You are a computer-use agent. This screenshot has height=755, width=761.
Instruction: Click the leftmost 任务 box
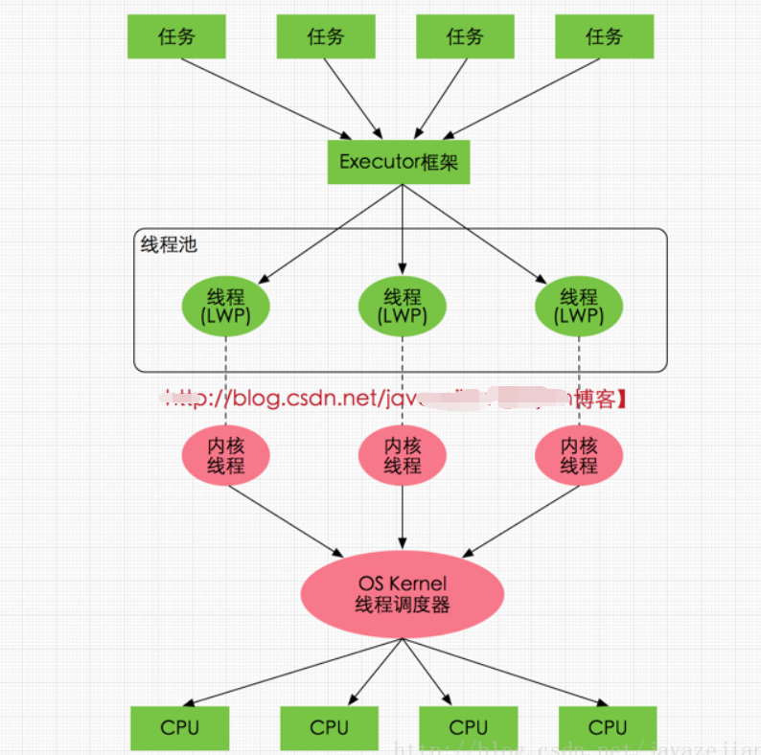pyautogui.click(x=176, y=37)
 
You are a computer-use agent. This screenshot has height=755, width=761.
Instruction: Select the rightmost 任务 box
pyautogui.click(x=604, y=37)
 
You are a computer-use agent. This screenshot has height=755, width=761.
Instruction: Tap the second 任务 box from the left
pyautogui.click(x=325, y=37)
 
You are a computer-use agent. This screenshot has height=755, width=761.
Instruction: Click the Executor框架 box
pyautogui.click(x=399, y=161)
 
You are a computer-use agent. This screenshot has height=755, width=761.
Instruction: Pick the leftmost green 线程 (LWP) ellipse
pyautogui.click(x=226, y=307)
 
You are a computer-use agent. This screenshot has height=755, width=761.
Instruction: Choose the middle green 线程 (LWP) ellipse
pyautogui.click(x=403, y=307)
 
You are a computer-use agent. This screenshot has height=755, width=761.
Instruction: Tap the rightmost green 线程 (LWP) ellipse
pyautogui.click(x=579, y=307)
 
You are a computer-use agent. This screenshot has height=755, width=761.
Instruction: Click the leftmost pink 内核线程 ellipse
pyautogui.click(x=226, y=456)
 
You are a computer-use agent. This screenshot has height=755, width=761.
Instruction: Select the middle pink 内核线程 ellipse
pyautogui.click(x=403, y=456)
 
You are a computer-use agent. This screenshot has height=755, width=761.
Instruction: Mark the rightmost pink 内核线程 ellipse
pyautogui.click(x=579, y=456)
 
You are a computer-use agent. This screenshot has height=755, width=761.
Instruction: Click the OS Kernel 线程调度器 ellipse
pyautogui.click(x=403, y=594)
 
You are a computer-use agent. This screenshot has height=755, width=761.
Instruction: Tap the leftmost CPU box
pyautogui.click(x=179, y=728)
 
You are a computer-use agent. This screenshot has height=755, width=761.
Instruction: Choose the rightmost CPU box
pyautogui.click(x=608, y=728)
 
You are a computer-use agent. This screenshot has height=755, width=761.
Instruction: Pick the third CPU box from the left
pyautogui.click(x=469, y=728)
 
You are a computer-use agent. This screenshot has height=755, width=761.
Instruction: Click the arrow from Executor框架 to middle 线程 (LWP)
pyautogui.click(x=403, y=230)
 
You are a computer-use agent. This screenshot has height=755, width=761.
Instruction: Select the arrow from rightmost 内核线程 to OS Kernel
pyautogui.click(x=522, y=520)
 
